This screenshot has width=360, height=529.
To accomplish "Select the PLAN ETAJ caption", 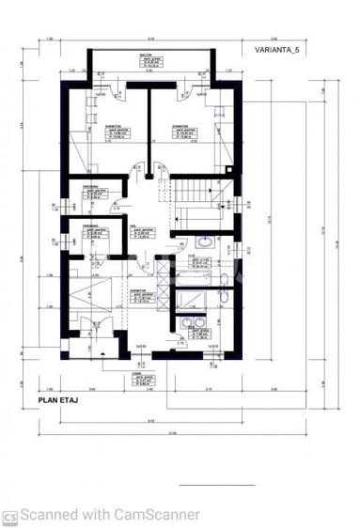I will [x=57, y=398].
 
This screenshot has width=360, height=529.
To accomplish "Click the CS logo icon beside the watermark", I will [x=9, y=516].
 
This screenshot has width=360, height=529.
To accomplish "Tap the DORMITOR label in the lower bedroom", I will [x=137, y=292].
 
